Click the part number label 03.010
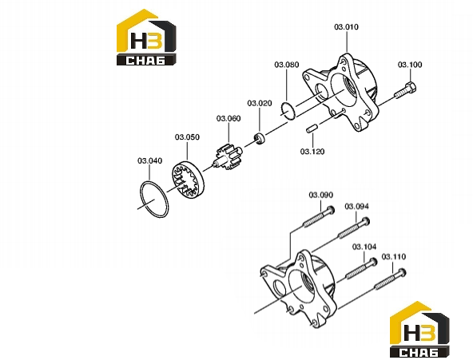pos(346,27)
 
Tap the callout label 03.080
pos(287,65)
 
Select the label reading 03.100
pos(410,65)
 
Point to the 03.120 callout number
pos(312,151)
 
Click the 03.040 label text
pos(150,160)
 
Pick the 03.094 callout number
pos(356,207)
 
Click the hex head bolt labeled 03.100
pos(405,90)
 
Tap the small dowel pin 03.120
pos(311,128)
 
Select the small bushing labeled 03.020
pos(259,138)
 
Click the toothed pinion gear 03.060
pos(228,158)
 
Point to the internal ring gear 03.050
pos(188,180)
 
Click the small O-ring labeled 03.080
pos(288,111)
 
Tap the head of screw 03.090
pos(330,210)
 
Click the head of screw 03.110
pos(402,273)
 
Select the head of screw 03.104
pos(372,262)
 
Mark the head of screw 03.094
pos(365,221)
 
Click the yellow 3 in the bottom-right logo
pos(428,333)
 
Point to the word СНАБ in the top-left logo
pos(145,60)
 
